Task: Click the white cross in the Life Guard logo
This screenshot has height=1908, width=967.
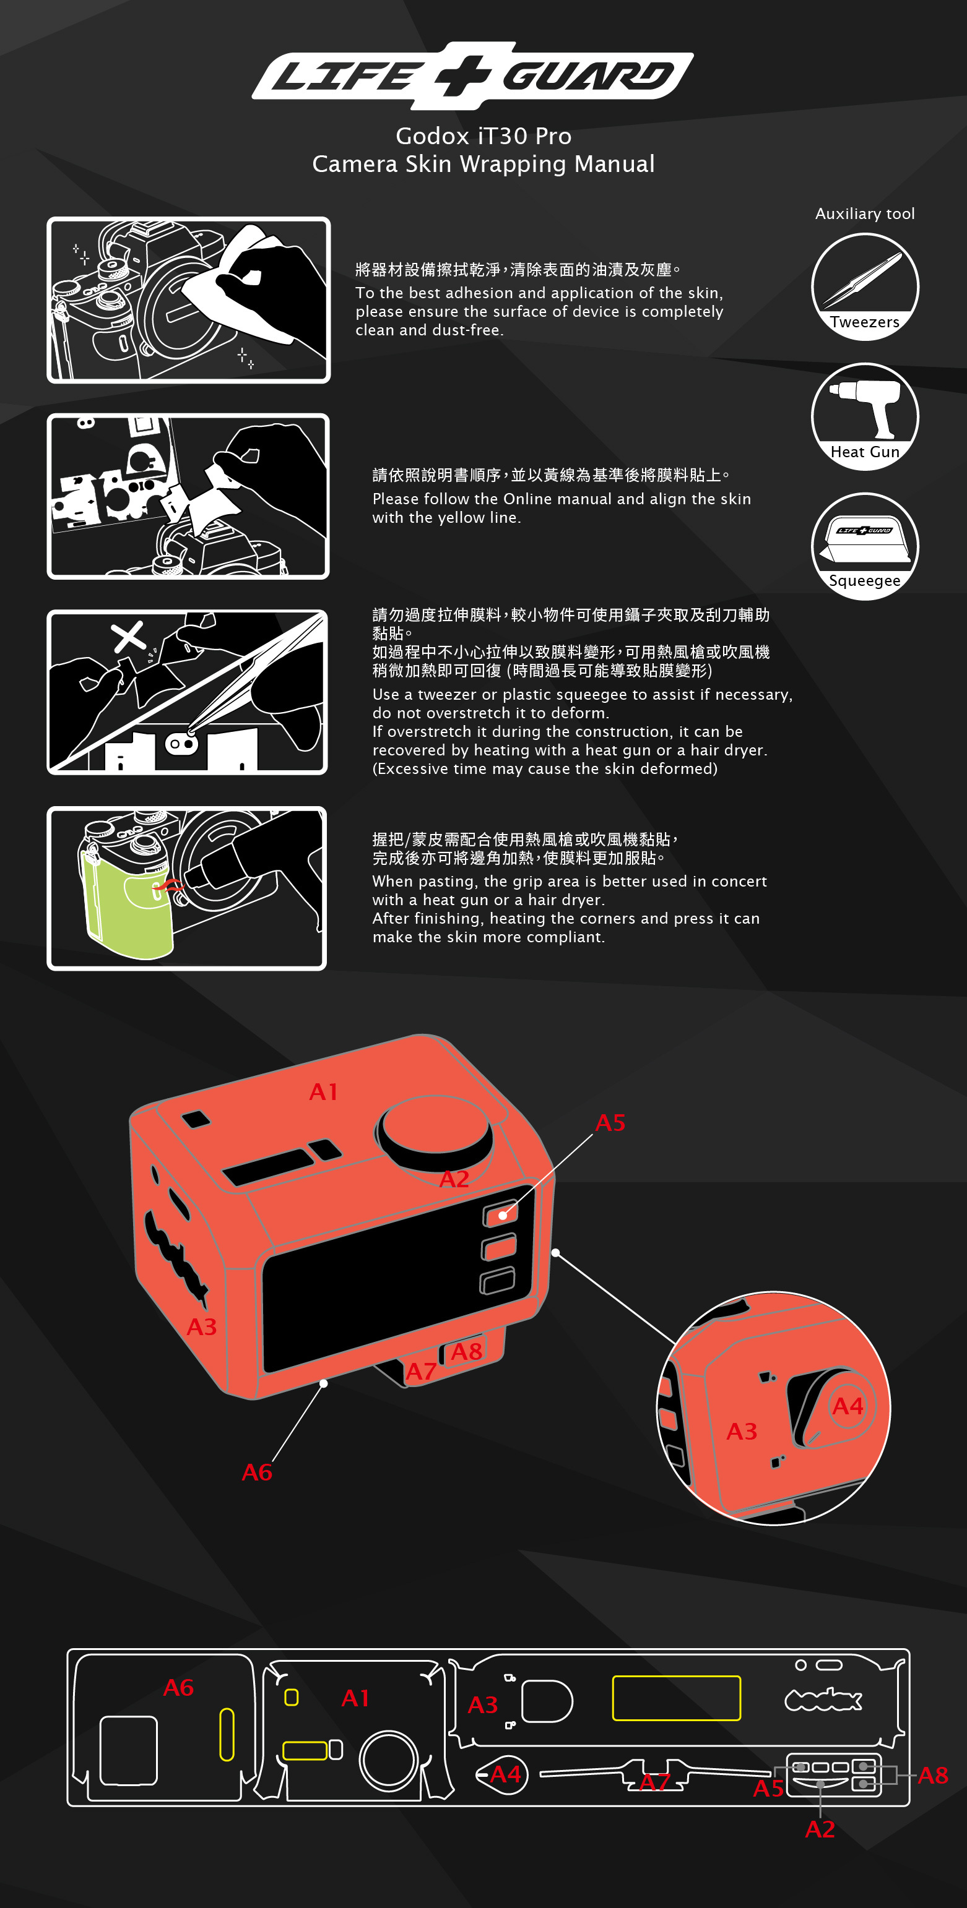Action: point(462,75)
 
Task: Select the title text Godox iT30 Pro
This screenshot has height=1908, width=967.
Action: point(483,136)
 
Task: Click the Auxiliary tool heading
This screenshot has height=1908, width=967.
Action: point(865,214)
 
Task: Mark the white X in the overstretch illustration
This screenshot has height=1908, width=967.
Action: point(128,637)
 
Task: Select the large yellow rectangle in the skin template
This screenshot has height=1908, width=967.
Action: point(676,1698)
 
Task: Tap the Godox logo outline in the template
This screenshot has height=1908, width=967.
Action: point(823,1699)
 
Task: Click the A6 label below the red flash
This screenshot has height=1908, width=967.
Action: point(257,1472)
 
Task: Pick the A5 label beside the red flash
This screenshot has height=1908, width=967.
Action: point(610,1123)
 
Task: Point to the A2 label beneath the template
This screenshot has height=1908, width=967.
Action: point(820,1829)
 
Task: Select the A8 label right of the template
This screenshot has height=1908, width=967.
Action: point(932,1775)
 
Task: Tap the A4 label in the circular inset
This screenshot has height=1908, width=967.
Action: point(847,1405)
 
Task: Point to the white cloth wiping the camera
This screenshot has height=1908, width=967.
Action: point(222,278)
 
